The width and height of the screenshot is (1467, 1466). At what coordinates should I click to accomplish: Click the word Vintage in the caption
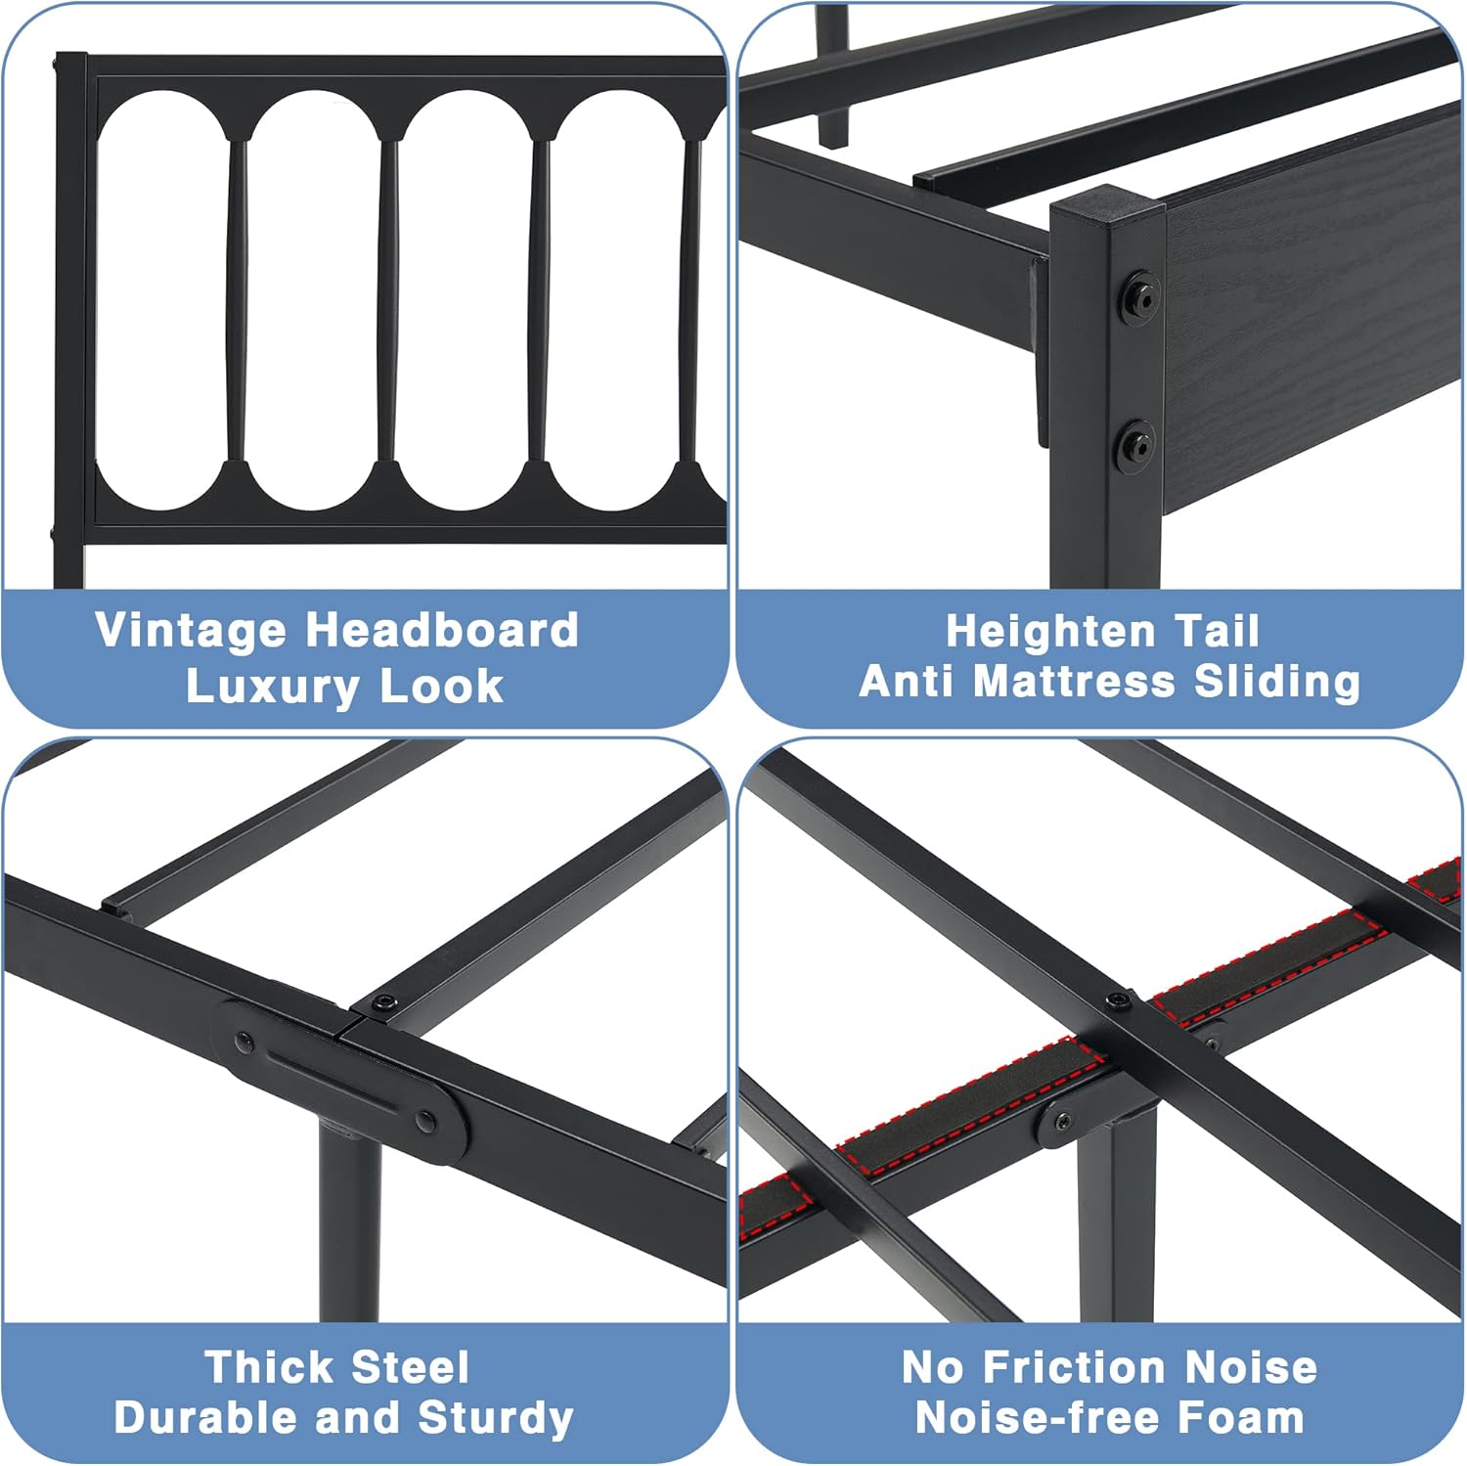pos(190,632)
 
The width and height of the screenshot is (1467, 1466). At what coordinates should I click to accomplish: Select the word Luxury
pos(273,687)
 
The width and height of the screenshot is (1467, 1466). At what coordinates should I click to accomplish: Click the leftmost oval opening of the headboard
pos(161,301)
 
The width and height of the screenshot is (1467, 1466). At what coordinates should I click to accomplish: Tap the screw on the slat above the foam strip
pos(1117,1001)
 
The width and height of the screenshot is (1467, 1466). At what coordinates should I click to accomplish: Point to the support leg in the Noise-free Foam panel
pos(1115,1222)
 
